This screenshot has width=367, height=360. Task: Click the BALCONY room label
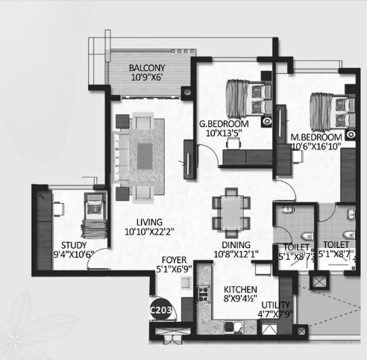click(x=147, y=68)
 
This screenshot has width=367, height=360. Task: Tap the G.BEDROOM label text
click(x=224, y=124)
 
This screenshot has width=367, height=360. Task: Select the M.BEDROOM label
click(x=316, y=137)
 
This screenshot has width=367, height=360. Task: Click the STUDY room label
click(x=74, y=245)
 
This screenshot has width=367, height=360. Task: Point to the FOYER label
click(x=174, y=260)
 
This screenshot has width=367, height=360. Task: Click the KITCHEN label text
click(x=240, y=290)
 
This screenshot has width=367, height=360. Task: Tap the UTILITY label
click(x=275, y=305)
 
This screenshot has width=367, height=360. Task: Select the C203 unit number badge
click(x=161, y=310)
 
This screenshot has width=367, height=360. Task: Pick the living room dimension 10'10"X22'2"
click(x=149, y=232)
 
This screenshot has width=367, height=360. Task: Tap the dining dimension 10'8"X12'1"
click(x=236, y=254)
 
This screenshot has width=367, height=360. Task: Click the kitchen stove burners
click(x=204, y=294)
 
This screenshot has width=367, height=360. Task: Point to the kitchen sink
click(x=234, y=327)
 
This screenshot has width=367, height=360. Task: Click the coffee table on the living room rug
click(x=145, y=156)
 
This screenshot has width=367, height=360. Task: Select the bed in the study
click(x=94, y=216)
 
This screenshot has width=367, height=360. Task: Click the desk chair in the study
click(x=58, y=209)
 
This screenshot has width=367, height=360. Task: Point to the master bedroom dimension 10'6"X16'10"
click(x=316, y=146)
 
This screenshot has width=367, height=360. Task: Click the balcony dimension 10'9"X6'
click(x=147, y=78)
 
